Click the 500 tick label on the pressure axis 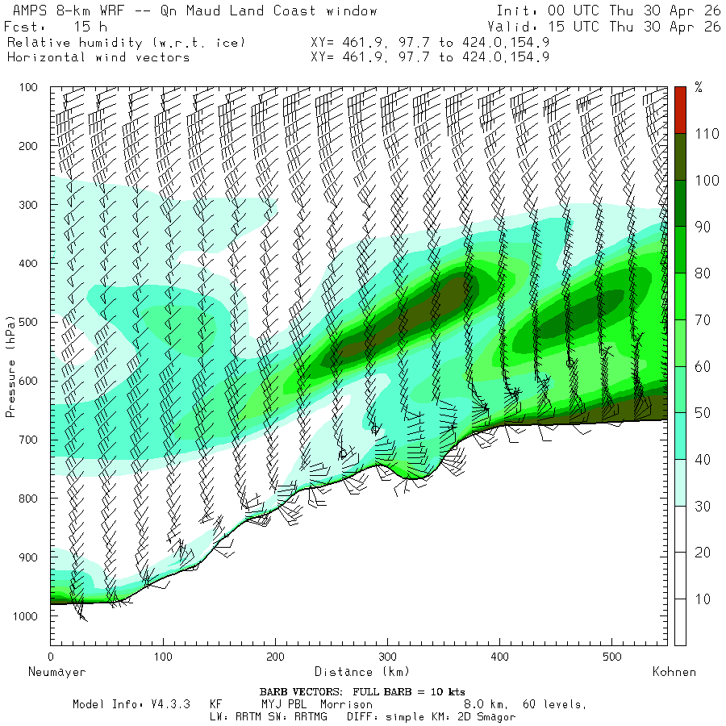click(28, 322)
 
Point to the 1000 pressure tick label click(25, 615)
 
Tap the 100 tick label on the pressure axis click(28, 87)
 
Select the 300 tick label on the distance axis click(387, 657)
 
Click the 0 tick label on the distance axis click(51, 657)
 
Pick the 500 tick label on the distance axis click(612, 657)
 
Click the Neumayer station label click(57, 672)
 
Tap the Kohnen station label click(674, 672)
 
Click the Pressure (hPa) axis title click(10, 367)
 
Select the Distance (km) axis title click(362, 672)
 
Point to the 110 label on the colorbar click(707, 134)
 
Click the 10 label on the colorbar click(703, 599)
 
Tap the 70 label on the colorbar click(703, 320)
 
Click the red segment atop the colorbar click(680, 111)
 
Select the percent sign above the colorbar click(699, 86)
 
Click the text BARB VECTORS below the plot click(300, 692)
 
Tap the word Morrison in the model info click(346, 704)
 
